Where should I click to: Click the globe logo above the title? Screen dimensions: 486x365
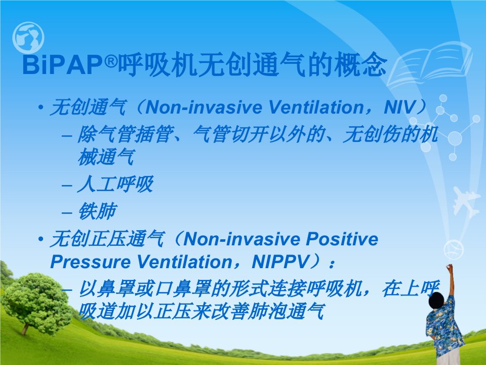coord(28,38)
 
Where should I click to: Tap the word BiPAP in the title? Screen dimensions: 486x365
coord(62,65)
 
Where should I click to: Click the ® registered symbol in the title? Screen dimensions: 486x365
coord(111,61)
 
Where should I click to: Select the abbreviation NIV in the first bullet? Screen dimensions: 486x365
coord(399,107)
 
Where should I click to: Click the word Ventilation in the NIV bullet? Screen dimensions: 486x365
coord(316,107)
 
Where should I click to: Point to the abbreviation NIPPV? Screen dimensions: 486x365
coord(280,262)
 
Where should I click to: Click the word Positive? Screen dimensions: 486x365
coord(342,239)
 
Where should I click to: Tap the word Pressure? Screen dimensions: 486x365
coord(90,262)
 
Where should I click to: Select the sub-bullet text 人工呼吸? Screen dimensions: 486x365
coord(115,185)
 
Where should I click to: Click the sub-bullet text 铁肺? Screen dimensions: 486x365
coord(97,211)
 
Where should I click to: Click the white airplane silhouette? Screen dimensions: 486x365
coord(465,201)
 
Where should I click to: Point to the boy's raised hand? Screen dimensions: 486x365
coord(450,268)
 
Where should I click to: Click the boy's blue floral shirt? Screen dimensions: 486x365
coord(444,326)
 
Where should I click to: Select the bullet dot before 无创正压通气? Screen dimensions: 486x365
coord(40,240)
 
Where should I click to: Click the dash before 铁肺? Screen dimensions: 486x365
coord(67,213)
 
